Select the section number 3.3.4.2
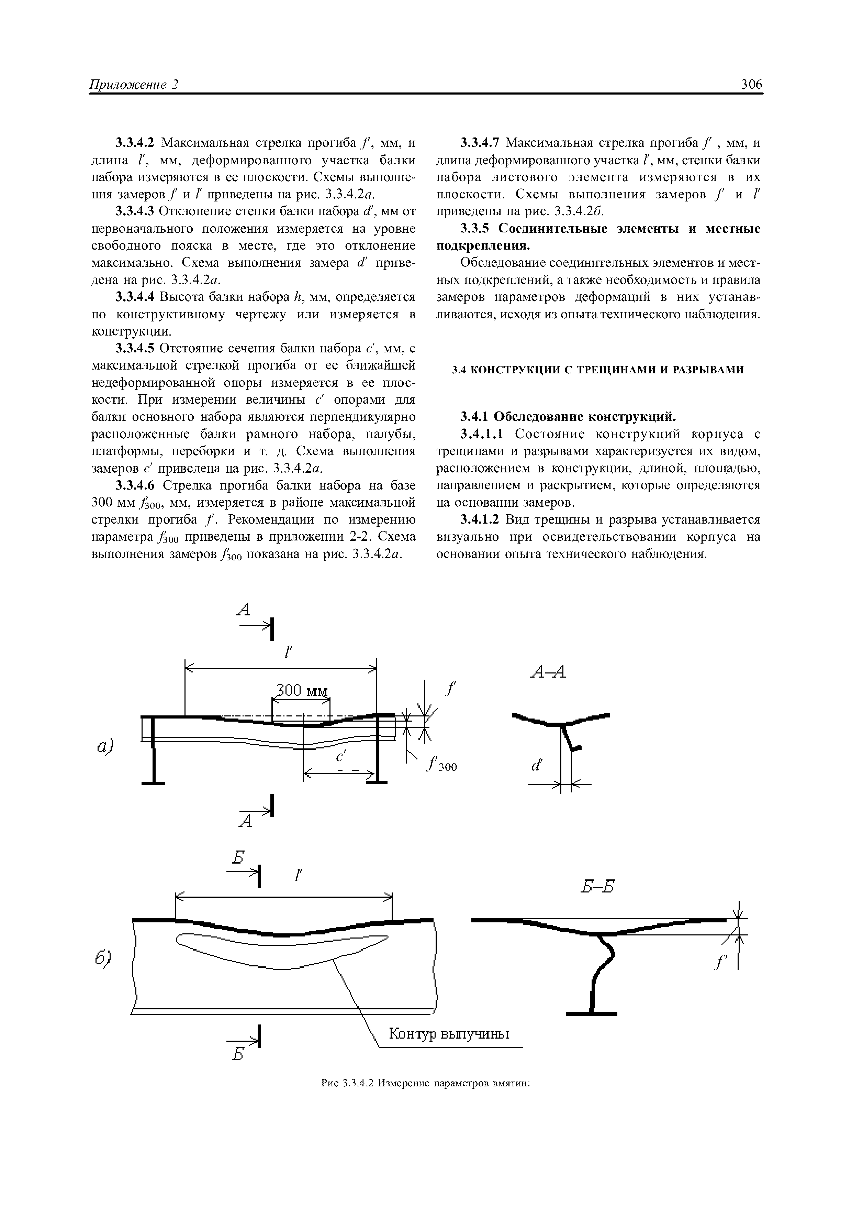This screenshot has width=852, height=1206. coord(135,143)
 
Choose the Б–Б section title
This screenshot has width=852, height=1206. coord(597,887)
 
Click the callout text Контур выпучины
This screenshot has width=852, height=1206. coord(449,1034)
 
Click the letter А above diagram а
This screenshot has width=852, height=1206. coord(244,609)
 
